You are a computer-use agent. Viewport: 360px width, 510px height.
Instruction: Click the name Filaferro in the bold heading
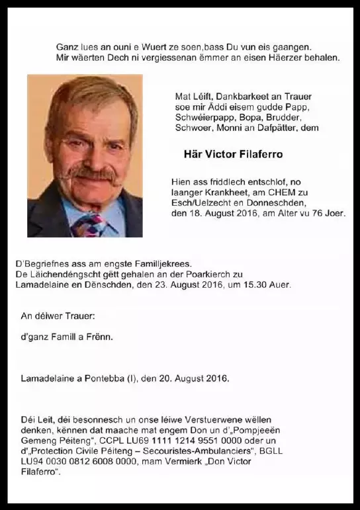(x=259, y=154)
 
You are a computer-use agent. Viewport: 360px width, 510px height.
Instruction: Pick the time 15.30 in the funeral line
(x=257, y=284)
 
